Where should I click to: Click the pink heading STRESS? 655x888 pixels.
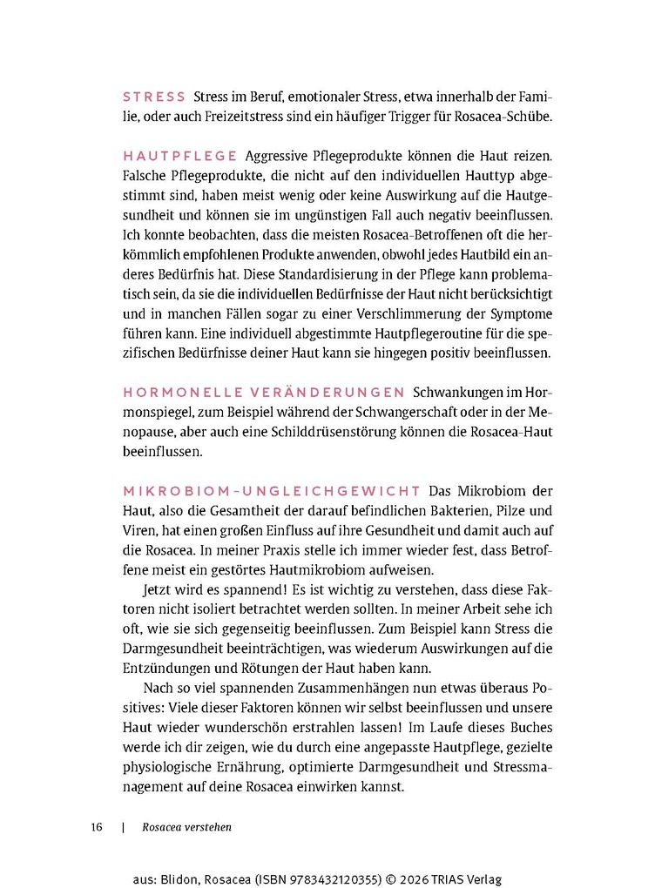[154, 98]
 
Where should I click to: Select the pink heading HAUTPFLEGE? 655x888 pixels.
[180, 156]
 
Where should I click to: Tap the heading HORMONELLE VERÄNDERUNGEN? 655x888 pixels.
[264, 392]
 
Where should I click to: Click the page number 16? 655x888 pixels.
[96, 827]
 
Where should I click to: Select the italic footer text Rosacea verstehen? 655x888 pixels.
[186, 827]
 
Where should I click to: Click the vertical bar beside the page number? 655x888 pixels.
[125, 827]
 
